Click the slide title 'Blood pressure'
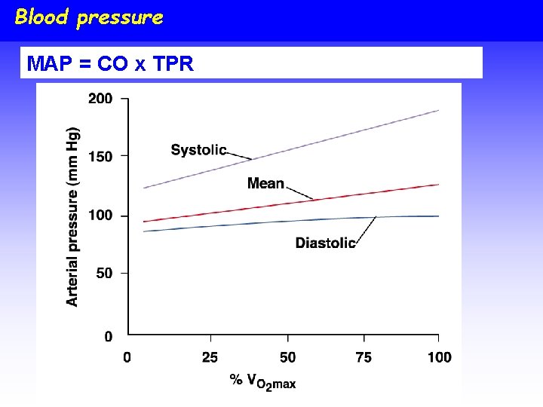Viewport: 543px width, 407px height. click(88, 17)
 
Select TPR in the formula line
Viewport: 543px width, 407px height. click(173, 64)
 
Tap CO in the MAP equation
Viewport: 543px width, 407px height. click(112, 64)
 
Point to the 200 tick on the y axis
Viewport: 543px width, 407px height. click(101, 99)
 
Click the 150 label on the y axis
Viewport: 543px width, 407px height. click(101, 157)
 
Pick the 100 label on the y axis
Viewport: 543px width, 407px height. click(101, 216)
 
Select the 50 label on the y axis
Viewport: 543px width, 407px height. click(104, 274)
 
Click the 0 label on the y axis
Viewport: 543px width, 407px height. click(109, 336)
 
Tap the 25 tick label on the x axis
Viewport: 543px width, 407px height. click(210, 357)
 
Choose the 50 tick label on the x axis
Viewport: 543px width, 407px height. click(287, 357)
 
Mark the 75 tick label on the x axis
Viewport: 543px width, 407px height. click(364, 357)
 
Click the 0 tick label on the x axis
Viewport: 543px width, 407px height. click(127, 357)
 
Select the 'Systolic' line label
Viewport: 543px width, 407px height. click(198, 149)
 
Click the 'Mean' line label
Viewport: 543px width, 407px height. click(265, 183)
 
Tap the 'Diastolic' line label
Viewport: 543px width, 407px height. click(325, 243)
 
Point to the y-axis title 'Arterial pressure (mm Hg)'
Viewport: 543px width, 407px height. click(72, 216)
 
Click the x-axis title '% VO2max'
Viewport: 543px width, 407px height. click(262, 381)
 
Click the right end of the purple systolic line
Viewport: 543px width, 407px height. click(438, 111)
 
